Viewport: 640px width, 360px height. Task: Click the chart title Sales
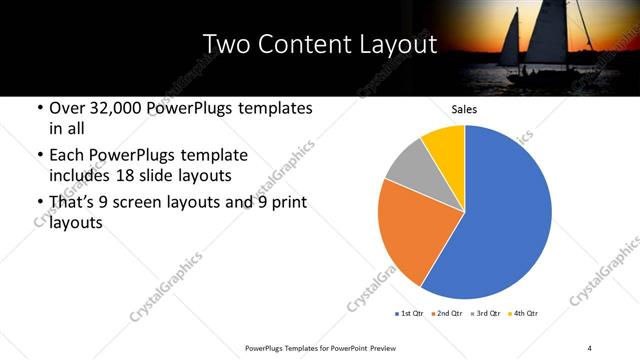tap(464, 109)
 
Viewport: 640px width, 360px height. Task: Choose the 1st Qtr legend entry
tap(409, 314)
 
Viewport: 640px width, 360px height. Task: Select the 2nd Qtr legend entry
tap(447, 314)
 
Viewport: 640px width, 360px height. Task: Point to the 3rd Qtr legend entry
tap(485, 314)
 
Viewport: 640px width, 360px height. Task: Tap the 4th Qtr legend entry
tap(523, 314)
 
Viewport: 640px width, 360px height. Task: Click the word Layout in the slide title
tap(395, 45)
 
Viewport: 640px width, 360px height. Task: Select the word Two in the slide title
tap(226, 45)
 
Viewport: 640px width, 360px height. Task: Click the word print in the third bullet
tap(285, 203)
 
